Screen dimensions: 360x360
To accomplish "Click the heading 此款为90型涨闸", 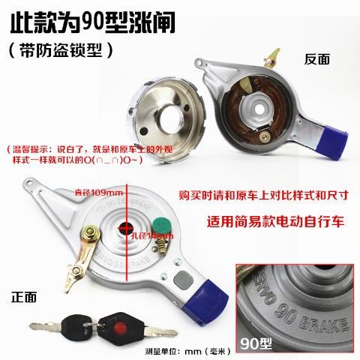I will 94,22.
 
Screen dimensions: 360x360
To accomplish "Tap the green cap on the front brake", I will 159,222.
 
